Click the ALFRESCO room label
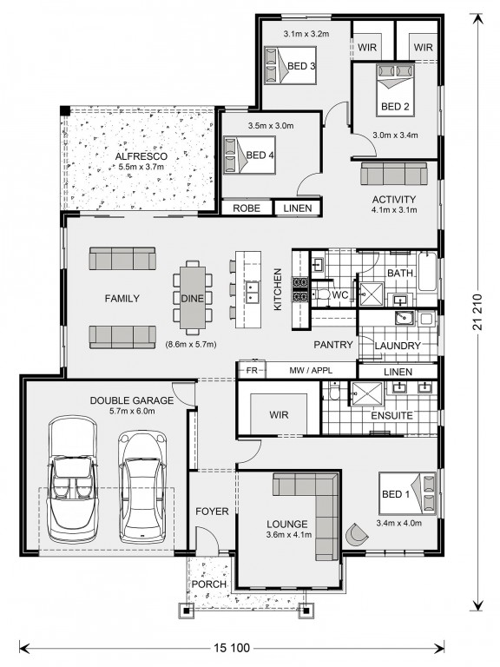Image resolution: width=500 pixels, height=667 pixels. coord(141,156)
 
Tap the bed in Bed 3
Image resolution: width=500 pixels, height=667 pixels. coord(289,65)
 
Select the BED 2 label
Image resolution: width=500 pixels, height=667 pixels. coord(395,106)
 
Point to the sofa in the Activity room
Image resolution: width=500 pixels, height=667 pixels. coord(393,174)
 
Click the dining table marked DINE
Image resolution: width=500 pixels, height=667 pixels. coord(193,298)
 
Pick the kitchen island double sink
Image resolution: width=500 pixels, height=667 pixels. coord(253,292)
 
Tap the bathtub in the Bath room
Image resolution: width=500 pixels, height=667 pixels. coord(427,272)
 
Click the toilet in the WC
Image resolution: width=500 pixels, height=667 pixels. coord(322,294)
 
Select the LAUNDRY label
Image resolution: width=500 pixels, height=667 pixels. coord(398,346)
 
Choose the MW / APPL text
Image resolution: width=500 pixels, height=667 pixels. coord(311,371)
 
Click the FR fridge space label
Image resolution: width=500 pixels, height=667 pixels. coord(252,371)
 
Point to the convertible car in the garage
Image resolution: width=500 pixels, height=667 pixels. coord(74,479)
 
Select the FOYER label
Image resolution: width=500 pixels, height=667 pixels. coord(212,512)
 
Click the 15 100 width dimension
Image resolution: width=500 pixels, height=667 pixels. coord(232,648)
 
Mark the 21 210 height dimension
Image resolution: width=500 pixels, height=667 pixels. coord(478,313)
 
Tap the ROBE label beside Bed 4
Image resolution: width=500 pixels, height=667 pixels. coord(247,208)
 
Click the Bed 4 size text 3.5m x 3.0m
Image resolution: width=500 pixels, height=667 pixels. coord(271,126)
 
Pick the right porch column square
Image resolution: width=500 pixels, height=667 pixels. coord(306,611)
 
